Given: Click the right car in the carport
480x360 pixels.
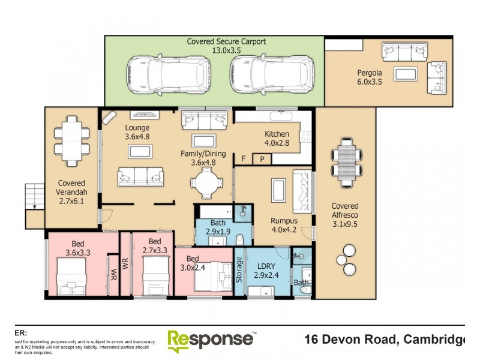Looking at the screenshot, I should [264, 75].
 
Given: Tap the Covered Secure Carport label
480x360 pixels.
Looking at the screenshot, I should [226, 46].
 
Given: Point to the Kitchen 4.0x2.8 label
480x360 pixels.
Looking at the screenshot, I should [277, 139].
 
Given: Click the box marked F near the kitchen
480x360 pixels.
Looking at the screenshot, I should [244, 159].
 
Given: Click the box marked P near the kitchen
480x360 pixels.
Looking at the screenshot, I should [262, 159].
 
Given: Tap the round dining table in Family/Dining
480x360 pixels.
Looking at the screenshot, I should [206, 182].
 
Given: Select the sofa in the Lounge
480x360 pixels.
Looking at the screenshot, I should [140, 176].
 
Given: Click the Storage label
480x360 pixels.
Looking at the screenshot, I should [239, 270].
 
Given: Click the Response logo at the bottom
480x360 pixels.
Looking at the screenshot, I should [211, 340].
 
